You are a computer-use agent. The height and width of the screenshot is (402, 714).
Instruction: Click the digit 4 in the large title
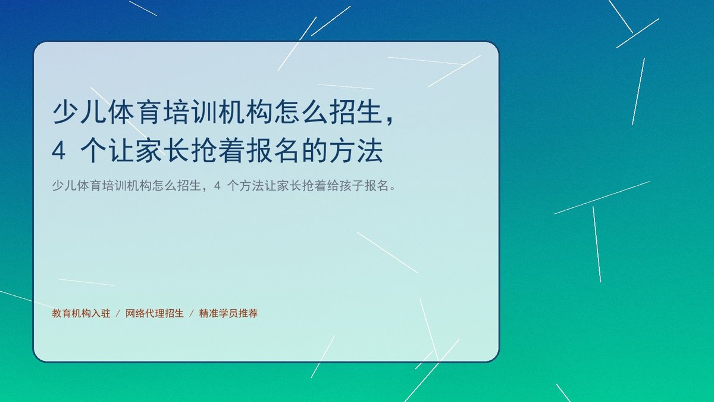click(59, 150)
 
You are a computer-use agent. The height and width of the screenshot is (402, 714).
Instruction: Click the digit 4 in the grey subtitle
click(217, 185)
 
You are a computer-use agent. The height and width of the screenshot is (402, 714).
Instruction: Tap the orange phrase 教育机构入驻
click(82, 313)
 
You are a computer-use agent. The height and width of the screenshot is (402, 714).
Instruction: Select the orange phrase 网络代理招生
click(155, 313)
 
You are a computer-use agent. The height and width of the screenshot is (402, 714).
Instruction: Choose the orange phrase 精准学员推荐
click(228, 313)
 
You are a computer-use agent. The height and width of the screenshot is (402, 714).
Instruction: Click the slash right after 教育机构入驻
click(118, 314)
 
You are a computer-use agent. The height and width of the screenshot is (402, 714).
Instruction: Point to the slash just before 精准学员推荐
click(192, 314)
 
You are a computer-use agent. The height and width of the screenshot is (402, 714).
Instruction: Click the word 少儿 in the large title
click(79, 112)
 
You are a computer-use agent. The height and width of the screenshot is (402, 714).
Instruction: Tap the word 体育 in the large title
click(134, 112)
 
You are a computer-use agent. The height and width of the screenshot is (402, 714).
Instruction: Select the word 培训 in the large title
click(190, 112)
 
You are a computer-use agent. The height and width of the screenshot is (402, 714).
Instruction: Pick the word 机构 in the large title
click(246, 112)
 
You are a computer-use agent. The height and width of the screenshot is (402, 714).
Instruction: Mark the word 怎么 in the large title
click(301, 112)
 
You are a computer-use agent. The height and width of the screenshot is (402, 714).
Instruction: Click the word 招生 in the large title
click(356, 112)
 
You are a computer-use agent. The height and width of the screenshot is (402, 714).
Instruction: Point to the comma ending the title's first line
click(390, 120)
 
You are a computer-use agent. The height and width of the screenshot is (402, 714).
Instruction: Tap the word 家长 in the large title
click(162, 150)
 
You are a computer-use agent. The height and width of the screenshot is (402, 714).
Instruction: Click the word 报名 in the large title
click(274, 150)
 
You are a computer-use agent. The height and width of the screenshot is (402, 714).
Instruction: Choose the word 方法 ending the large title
click(356, 150)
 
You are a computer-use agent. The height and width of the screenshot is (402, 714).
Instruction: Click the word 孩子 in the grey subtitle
click(352, 185)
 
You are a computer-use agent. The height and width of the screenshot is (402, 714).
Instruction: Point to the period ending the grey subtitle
click(393, 189)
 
